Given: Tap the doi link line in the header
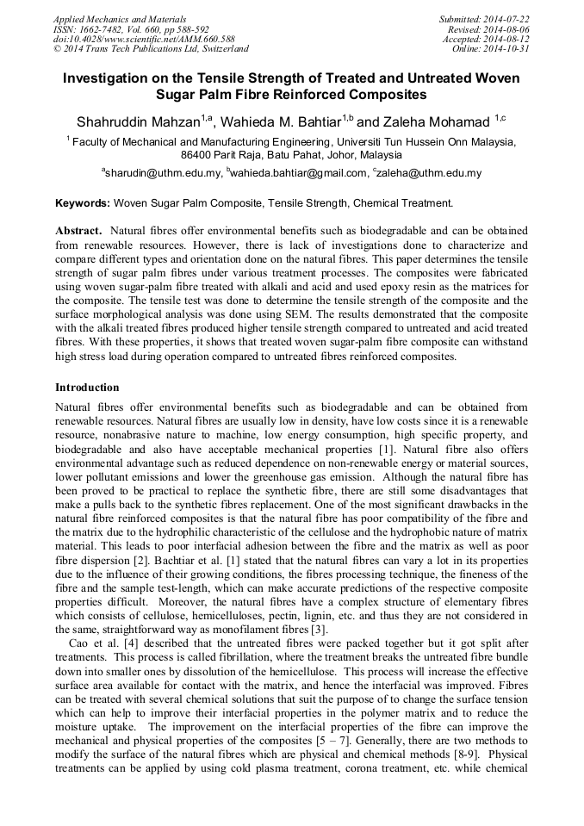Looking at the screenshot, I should pyautogui.click(x=144, y=39).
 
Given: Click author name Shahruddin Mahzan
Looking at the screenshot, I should pyautogui.click(x=138, y=121).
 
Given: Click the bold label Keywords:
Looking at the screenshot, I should pyautogui.click(x=83, y=203).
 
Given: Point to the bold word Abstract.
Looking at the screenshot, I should pyautogui.click(x=79, y=232).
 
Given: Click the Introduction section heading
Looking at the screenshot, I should pyautogui.click(x=87, y=388).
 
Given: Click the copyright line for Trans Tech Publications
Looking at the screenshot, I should pyautogui.click(x=151, y=49).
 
